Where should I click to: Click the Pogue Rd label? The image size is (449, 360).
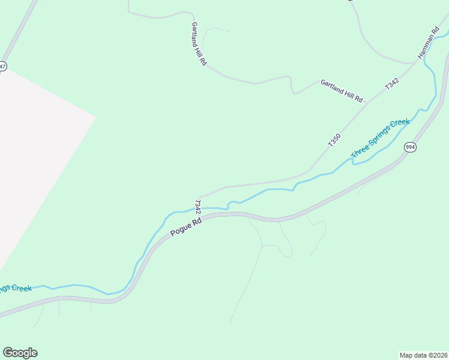click(x=185, y=226)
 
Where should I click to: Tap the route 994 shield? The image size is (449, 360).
click(x=410, y=147)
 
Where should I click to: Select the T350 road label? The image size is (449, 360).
click(x=334, y=140)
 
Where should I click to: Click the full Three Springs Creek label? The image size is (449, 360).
click(x=380, y=139)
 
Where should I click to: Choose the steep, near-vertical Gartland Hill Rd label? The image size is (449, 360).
click(x=199, y=44)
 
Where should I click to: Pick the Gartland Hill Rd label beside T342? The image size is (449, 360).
click(x=342, y=90)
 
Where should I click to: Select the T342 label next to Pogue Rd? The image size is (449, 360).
click(x=197, y=207)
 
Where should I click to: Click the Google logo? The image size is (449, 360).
click(x=20, y=353)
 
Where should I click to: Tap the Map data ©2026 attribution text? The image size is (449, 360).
click(x=423, y=355)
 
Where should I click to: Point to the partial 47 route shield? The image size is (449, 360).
click(x=2, y=66)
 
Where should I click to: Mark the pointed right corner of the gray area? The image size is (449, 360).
click(x=95, y=116)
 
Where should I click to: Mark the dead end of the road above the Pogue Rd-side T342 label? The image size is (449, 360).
click(x=200, y=196)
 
